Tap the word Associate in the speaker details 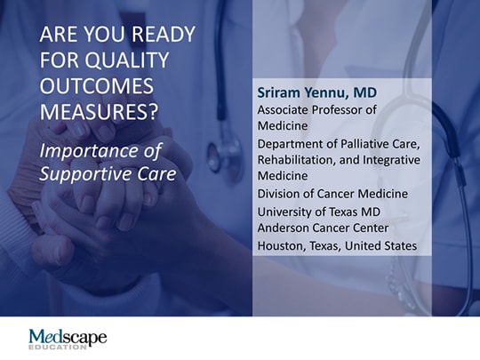[x=285, y=109]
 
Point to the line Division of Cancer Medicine [x=332, y=193]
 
